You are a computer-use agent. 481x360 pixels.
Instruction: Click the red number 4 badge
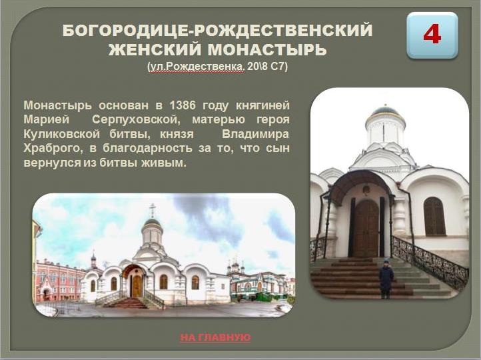[432, 35]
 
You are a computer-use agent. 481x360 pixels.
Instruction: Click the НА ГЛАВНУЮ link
[215, 337]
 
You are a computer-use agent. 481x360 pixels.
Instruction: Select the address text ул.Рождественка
[195, 67]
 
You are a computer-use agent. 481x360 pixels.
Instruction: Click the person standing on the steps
[386, 278]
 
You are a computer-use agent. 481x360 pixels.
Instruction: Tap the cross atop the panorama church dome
[152, 210]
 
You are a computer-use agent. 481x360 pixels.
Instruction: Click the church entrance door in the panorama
[137, 285]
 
